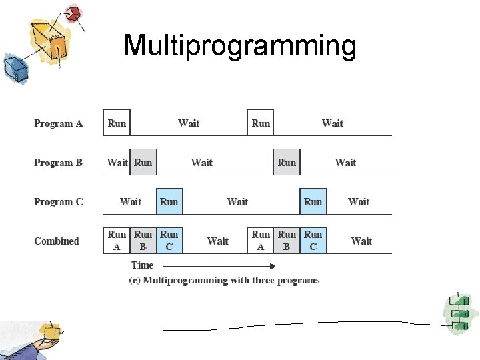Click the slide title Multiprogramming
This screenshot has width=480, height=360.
pos(240,46)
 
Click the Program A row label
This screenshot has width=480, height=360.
pos(59,123)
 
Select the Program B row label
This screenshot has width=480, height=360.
pos(59,163)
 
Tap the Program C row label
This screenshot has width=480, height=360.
pos(59,202)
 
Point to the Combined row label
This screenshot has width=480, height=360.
pos(57,241)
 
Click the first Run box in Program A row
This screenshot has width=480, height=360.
pos(117,123)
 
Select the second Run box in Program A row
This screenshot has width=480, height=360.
pos(261,123)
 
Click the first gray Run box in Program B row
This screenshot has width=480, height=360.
pos(143,163)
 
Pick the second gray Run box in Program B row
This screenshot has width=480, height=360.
pos(287,163)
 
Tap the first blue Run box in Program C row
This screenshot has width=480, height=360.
pos(169,202)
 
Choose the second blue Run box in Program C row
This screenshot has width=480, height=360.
pos(313,202)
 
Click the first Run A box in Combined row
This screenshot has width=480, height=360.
pos(117,241)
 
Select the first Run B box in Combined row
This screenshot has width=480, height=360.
pos(143,241)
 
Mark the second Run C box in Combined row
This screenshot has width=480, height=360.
pos(313,241)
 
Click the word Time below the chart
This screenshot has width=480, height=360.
pos(142,265)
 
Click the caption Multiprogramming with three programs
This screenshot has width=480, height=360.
pos(225,281)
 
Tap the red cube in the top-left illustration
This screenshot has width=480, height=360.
pos(73,13)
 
